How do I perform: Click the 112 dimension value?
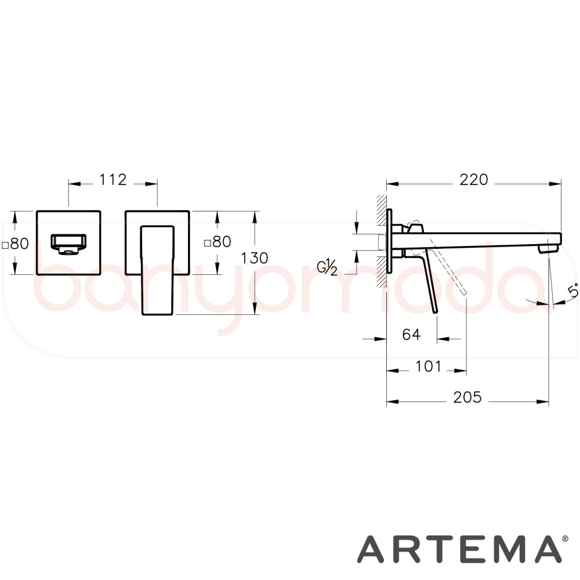click(113, 180)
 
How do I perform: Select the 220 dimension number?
click(474, 180)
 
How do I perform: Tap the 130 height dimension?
click(255, 258)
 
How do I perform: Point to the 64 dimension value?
click(411, 335)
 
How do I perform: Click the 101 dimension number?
click(429, 367)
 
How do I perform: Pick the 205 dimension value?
click(467, 397)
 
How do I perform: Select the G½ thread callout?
click(327, 267)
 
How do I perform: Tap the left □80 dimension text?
click(16, 244)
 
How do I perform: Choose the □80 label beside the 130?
click(218, 241)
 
